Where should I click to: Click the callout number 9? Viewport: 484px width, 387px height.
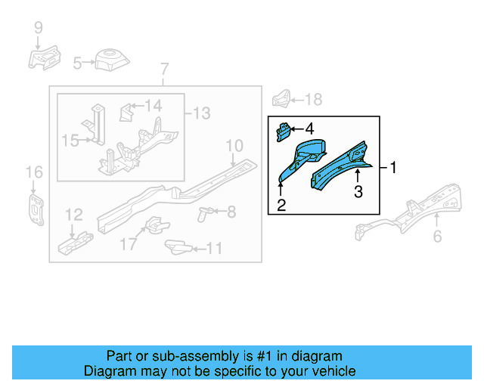(38, 29)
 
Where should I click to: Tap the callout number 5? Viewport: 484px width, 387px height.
(77, 64)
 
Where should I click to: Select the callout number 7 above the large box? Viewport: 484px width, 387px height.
(163, 72)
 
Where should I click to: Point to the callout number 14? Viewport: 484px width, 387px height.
(154, 106)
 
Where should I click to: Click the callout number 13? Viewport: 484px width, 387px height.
(200, 113)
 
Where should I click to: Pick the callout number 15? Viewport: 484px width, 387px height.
(70, 140)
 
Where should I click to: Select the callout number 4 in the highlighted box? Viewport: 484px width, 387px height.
(309, 129)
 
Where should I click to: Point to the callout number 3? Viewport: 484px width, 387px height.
(358, 192)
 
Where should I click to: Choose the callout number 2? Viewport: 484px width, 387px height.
(281, 205)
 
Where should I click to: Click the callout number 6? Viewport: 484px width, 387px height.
(437, 237)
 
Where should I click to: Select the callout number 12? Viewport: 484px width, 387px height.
(73, 215)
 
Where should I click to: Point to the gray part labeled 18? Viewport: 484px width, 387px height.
(281, 99)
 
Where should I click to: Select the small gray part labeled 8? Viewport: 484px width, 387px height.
(203, 212)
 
